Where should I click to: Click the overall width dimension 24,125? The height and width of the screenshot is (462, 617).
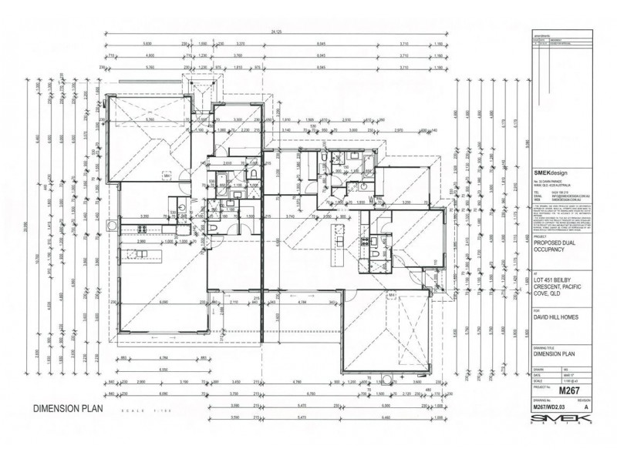276,31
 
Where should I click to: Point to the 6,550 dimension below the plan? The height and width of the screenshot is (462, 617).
163,370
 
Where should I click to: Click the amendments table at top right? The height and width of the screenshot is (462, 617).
564,42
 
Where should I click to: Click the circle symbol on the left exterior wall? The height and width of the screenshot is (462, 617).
112,226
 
